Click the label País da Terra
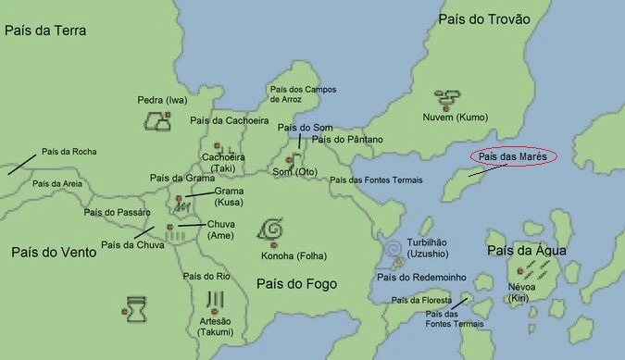45,31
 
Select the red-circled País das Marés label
511,157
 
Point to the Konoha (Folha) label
295,255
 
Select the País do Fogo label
296,283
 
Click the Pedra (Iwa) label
162,99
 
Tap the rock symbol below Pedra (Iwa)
156,119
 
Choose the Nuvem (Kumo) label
455,118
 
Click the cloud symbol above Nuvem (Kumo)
448,97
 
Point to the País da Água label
527,251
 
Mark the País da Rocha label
69,152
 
